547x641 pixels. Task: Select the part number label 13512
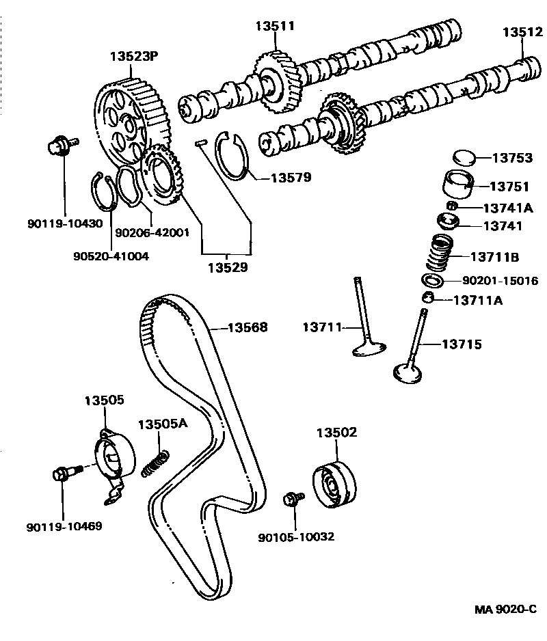tap(523, 31)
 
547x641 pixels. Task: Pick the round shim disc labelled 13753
tap(465, 158)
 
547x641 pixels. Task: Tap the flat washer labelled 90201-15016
tap(433, 281)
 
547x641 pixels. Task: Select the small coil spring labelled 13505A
tap(155, 463)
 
